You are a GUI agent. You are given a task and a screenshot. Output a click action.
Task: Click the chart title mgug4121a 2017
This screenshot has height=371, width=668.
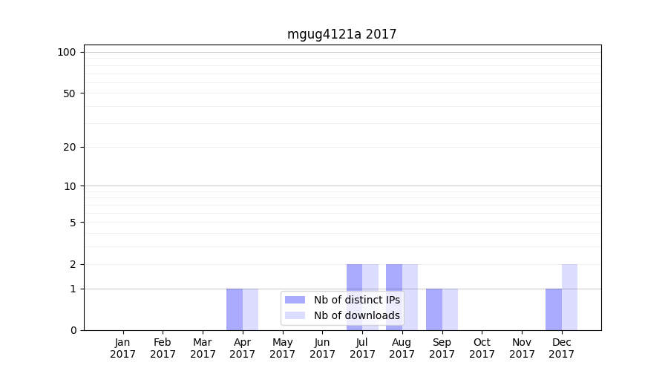point(341,34)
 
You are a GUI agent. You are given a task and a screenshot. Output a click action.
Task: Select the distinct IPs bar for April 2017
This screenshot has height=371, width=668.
point(235,309)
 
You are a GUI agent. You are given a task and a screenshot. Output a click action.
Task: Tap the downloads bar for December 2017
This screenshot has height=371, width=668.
point(569,297)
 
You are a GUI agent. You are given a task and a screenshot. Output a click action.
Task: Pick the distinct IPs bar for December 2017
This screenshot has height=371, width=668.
point(554,309)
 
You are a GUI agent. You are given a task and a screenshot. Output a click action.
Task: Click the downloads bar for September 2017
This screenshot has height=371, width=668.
point(450,309)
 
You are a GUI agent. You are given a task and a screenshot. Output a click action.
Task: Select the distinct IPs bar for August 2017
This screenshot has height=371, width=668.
point(394,297)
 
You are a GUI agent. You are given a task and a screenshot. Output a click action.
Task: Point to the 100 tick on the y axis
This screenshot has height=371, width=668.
point(67,52)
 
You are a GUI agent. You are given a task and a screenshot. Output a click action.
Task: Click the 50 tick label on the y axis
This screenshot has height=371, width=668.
point(70,93)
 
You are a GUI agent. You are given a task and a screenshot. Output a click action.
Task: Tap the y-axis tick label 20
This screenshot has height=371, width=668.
point(70,147)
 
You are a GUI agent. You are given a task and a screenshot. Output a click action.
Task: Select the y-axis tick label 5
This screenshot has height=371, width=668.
point(73,223)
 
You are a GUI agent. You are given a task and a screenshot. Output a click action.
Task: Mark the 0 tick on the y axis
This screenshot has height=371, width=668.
point(73,330)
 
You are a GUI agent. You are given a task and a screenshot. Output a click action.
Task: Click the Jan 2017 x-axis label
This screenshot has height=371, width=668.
point(123,348)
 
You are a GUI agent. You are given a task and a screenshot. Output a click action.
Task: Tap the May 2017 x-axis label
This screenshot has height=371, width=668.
point(283,348)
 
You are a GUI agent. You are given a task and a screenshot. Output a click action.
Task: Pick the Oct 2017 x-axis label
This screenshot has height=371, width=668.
point(482,348)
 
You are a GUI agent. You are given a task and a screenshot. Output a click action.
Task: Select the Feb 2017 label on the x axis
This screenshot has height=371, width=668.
point(163,348)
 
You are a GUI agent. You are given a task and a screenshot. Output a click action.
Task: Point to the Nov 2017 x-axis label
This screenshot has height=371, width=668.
point(522,348)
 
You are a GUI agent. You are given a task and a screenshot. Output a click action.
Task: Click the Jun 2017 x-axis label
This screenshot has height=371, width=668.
point(322,348)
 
